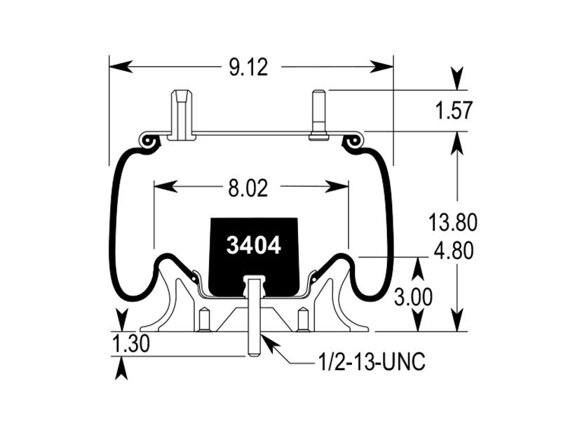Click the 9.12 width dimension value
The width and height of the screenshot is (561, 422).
(x=248, y=67)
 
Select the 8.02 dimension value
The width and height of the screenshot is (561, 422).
(x=248, y=187)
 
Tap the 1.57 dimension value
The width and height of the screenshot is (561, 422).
(x=454, y=111)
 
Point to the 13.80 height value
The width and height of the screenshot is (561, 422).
(x=454, y=223)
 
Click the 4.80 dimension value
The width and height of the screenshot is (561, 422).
(x=454, y=251)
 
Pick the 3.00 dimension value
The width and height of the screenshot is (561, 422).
(x=413, y=297)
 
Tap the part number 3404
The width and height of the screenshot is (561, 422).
(x=254, y=246)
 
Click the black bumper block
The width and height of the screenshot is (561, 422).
(x=254, y=267)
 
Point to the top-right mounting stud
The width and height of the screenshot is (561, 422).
(x=318, y=114)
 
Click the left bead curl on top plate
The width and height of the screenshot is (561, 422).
(x=148, y=143)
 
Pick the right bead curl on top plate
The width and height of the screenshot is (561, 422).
(x=352, y=143)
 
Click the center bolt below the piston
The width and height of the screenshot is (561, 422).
(x=253, y=316)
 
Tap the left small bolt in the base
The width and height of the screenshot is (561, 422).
(x=204, y=319)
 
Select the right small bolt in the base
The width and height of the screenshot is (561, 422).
(x=303, y=319)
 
